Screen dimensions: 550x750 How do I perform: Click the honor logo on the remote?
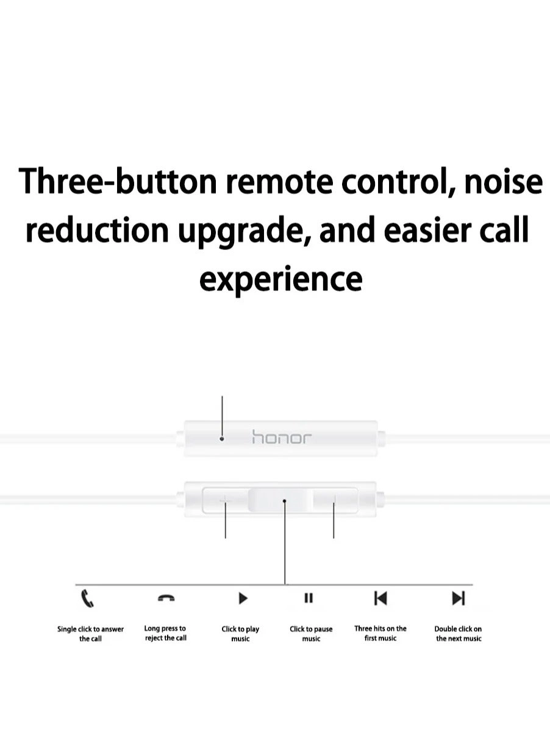[x=282, y=437]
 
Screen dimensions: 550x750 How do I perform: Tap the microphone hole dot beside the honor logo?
[x=221, y=438]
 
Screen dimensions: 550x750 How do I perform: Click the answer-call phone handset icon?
[x=87, y=598]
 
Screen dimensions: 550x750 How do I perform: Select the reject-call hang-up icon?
[x=166, y=598]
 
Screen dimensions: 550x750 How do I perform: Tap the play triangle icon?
[x=243, y=598]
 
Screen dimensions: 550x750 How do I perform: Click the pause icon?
[x=309, y=598]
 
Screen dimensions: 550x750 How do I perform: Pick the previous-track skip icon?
[x=380, y=598]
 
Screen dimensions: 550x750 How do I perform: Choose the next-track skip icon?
[x=459, y=598]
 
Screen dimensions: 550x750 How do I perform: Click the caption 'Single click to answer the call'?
[x=90, y=634]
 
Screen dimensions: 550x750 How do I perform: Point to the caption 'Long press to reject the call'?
[x=165, y=633]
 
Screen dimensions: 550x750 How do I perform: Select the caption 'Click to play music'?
[x=240, y=634]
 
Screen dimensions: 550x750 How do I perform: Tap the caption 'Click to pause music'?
[x=311, y=634]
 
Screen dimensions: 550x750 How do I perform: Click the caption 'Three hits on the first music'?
[x=380, y=633]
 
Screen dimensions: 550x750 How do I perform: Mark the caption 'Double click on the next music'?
[x=459, y=634]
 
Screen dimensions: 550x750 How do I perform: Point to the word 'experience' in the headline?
[x=281, y=280]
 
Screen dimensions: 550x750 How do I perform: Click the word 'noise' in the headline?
[x=503, y=181]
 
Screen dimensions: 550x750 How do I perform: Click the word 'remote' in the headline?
[x=279, y=182]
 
